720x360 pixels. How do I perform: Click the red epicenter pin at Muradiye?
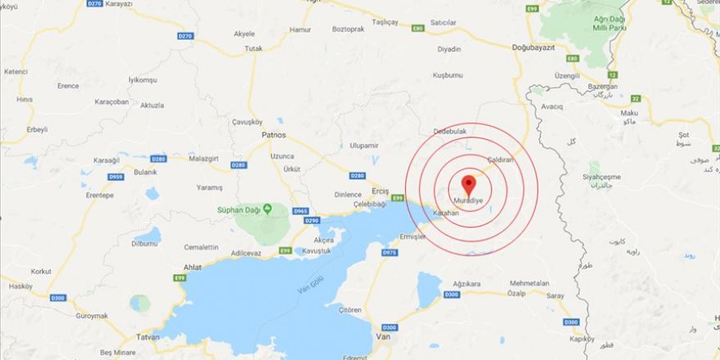[x=469, y=183]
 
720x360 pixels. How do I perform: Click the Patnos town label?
[x=273, y=133]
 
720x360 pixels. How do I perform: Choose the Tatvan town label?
[x=147, y=335]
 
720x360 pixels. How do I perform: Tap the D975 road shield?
[x=389, y=253]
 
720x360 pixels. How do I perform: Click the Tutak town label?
[x=254, y=49]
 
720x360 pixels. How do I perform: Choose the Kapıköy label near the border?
[x=582, y=338]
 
